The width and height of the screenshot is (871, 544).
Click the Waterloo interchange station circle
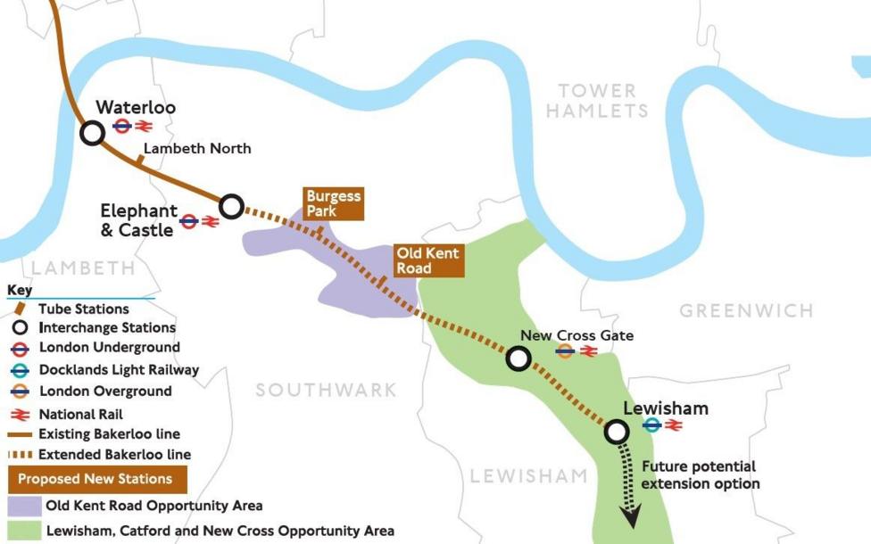click(92, 133)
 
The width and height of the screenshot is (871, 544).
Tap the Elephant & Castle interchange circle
click(231, 207)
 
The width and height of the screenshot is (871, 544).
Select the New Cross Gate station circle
click(518, 359)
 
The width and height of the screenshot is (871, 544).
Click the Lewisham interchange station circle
click(616, 432)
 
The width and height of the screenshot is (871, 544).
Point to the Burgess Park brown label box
click(333, 203)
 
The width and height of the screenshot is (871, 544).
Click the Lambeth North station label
click(197, 149)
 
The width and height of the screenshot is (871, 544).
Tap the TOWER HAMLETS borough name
click(597, 101)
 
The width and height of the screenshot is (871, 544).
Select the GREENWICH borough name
click(746, 311)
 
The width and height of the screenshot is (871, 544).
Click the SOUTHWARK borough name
click(326, 390)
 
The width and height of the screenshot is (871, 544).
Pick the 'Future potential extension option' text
click(699, 474)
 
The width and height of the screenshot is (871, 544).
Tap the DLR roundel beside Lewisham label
click(652, 425)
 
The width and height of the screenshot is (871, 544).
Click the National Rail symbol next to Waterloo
click(144, 127)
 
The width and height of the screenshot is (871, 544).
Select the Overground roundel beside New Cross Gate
click(564, 351)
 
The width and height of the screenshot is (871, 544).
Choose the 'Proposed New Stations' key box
click(95, 479)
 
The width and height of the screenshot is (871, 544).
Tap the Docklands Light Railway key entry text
click(119, 369)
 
